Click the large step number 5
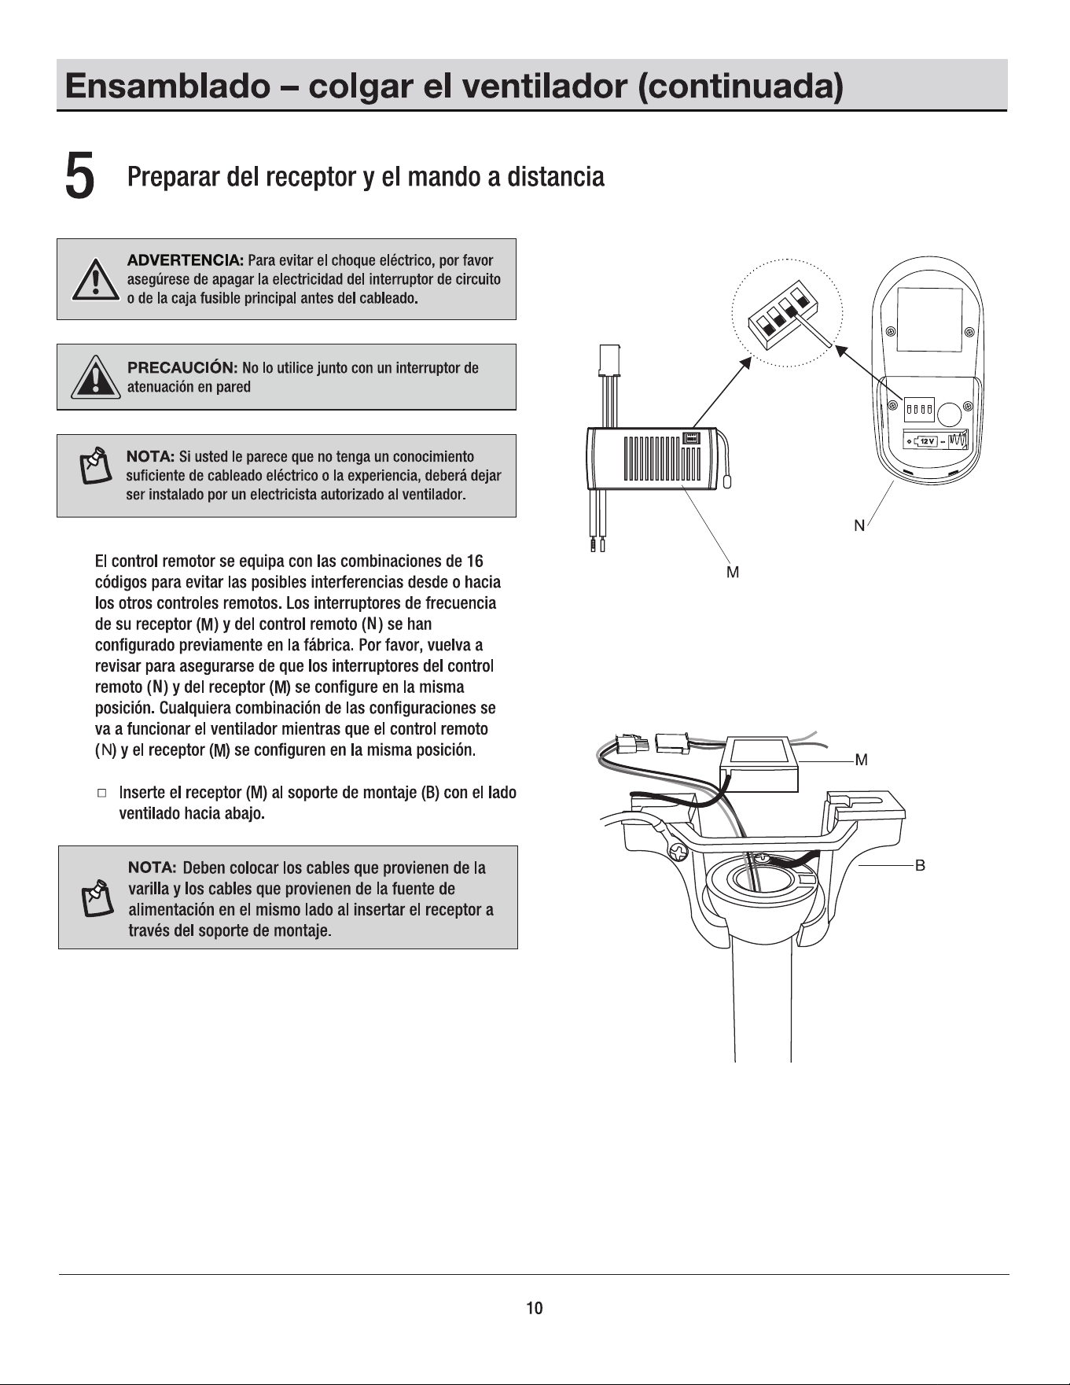tap(80, 177)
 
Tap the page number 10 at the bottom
tap(535, 1308)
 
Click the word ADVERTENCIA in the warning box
tap(186, 260)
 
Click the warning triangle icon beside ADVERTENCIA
tap(95, 279)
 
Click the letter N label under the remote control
tap(859, 526)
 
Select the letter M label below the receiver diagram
tap(733, 573)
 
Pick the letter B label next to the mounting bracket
tap(920, 865)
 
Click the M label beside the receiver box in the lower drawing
tap(861, 760)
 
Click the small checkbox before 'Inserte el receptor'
tap(102, 793)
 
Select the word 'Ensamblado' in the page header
tap(166, 86)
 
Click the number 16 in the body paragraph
tap(474, 562)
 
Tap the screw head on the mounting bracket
tap(676, 852)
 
